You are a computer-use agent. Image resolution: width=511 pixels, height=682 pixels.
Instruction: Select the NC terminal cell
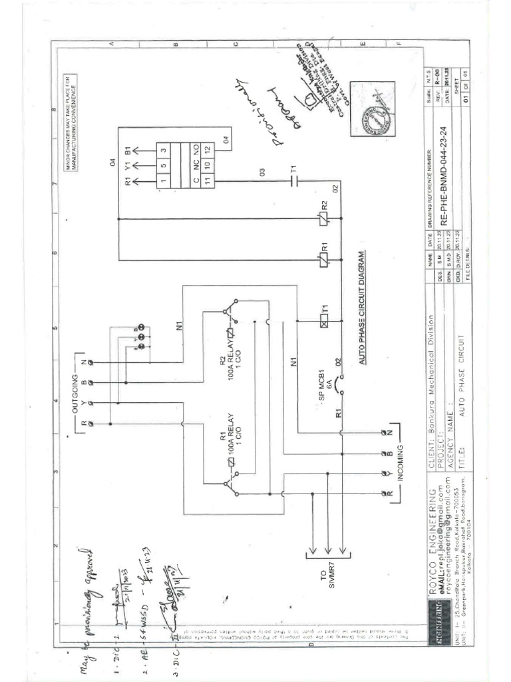(x=196, y=166)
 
